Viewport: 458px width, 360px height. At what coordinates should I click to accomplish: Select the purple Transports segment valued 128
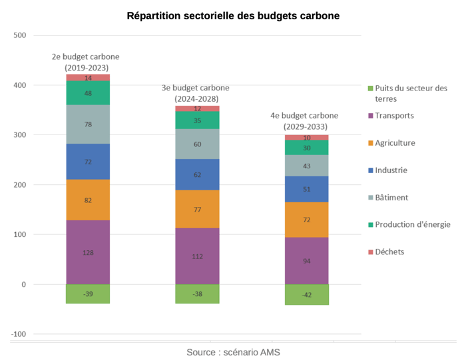pyautogui.click(x=88, y=252)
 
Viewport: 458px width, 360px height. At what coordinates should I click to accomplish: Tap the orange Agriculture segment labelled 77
pyautogui.click(x=197, y=209)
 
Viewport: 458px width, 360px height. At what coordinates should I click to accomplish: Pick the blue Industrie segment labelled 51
pyautogui.click(x=306, y=189)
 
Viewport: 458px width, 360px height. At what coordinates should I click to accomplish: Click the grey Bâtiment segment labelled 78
pyautogui.click(x=88, y=124)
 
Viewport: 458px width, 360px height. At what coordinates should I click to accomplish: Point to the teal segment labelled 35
pyautogui.click(x=197, y=120)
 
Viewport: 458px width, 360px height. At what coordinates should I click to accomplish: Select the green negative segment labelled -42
pyautogui.click(x=306, y=294)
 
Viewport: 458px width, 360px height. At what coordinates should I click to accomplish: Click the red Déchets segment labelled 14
pyautogui.click(x=88, y=78)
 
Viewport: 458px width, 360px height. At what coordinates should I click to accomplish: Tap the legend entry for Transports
pyautogui.click(x=394, y=116)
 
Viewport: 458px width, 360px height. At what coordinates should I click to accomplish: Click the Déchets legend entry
pyautogui.click(x=389, y=252)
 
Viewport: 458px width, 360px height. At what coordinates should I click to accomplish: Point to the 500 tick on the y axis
pyautogui.click(x=19, y=35)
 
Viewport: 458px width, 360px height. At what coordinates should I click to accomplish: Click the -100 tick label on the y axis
pyautogui.click(x=18, y=334)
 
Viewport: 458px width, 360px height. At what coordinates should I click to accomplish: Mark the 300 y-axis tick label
pyautogui.click(x=19, y=135)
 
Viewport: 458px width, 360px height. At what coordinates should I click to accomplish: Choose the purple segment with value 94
pyautogui.click(x=306, y=261)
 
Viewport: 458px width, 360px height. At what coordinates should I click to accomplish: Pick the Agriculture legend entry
pyautogui.click(x=395, y=143)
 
